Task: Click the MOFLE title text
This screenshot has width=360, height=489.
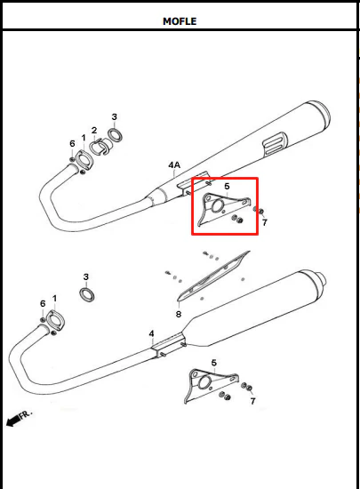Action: pyautogui.click(x=180, y=21)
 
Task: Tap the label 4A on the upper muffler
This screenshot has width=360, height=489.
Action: pyautogui.click(x=174, y=165)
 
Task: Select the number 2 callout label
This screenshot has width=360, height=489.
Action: pyautogui.click(x=94, y=131)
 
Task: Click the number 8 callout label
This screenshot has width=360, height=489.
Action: pyautogui.click(x=179, y=314)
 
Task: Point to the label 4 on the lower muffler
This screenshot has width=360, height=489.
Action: pyautogui.click(x=151, y=333)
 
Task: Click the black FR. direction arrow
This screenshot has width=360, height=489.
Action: pyautogui.click(x=13, y=421)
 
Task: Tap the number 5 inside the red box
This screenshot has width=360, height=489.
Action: pyautogui.click(x=227, y=186)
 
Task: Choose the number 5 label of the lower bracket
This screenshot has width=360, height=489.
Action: pyautogui.click(x=213, y=363)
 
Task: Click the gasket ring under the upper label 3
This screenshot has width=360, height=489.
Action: pyautogui.click(x=115, y=135)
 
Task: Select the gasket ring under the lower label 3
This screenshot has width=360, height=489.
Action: pyautogui.click(x=87, y=294)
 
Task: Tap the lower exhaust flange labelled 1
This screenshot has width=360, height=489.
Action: pyautogui.click(x=55, y=320)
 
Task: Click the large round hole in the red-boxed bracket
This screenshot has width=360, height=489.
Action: pyautogui.click(x=217, y=206)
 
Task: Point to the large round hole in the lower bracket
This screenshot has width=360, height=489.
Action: pyautogui.click(x=204, y=382)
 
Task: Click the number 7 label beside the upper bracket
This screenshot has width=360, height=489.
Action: pyautogui.click(x=265, y=222)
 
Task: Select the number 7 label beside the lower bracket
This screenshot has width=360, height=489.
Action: pyautogui.click(x=252, y=401)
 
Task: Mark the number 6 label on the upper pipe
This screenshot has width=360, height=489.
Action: pyautogui.click(x=72, y=143)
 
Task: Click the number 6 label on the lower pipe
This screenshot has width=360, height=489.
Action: pyautogui.click(x=43, y=303)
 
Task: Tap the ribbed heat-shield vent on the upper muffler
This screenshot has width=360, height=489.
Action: pyautogui.click(x=276, y=143)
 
